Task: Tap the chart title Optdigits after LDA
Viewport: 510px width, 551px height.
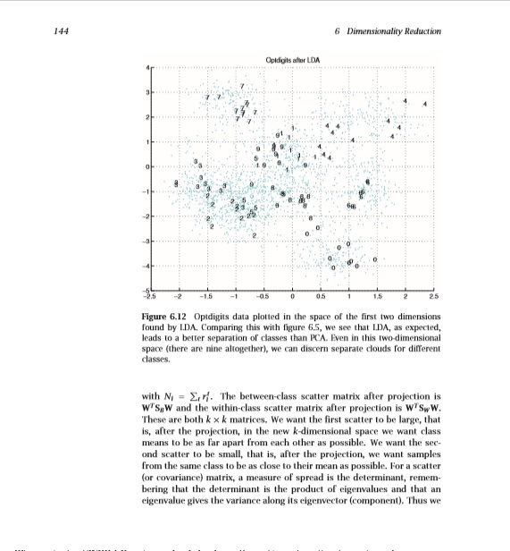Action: point(293,58)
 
